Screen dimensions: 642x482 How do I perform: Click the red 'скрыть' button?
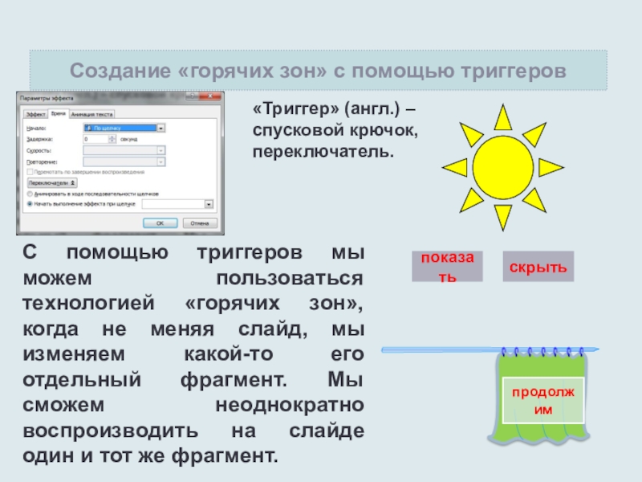pos(539,266)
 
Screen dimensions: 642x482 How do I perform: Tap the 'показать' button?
pos(447,266)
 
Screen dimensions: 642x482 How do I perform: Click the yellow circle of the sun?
pos(502,167)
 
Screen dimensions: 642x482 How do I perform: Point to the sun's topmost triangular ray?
pos(502,117)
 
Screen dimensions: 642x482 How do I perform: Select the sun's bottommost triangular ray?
pos(502,216)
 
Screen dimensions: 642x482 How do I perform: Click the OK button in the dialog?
pos(160,224)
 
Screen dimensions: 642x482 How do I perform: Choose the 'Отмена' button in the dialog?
pos(199,224)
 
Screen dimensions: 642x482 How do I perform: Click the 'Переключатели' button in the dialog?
pos(49,183)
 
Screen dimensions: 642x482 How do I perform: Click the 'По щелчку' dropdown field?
pos(124,128)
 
